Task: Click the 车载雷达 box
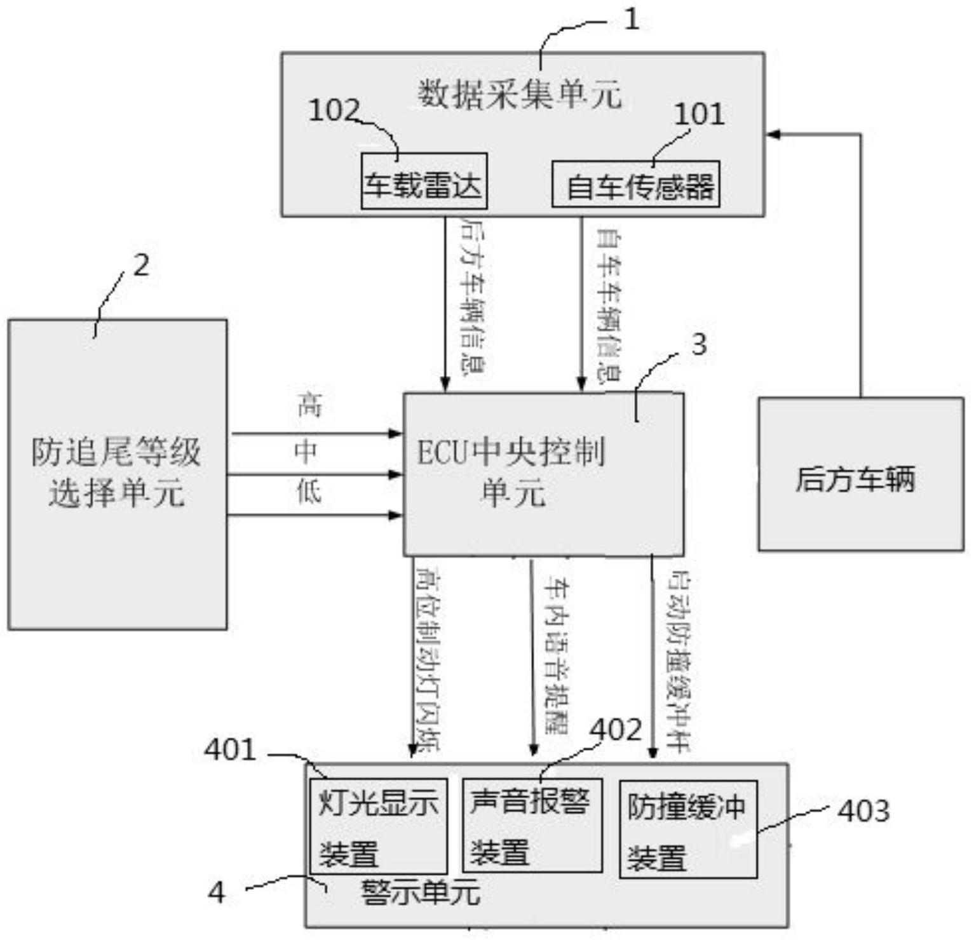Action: pos(424,181)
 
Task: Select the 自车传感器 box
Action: pos(635,184)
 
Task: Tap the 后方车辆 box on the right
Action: pos(860,474)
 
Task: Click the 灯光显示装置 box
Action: pos(378,826)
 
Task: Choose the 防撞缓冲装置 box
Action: pos(687,829)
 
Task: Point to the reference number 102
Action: pos(334,111)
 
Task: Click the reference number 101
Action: pos(699,114)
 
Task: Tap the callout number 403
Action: pos(863,811)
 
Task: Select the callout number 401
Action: pos(230,750)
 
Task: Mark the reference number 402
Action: pos(616,730)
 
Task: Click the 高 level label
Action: pos(309,405)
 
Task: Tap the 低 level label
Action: pos(309,492)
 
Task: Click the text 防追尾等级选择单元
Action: pos(117,473)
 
